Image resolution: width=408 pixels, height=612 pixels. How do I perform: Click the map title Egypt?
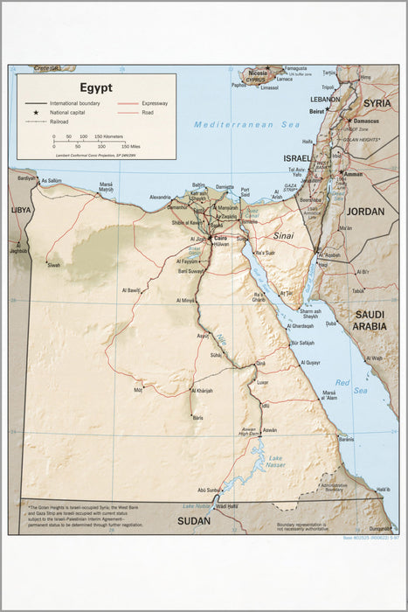point(96,87)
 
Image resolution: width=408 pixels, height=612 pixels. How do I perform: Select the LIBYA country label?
point(20,211)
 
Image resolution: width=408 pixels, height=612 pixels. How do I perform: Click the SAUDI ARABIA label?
point(370,320)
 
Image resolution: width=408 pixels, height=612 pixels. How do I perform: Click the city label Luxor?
point(263,382)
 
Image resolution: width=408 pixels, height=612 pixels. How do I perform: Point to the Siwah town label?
point(54,264)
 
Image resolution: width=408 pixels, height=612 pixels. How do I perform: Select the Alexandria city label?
point(161,198)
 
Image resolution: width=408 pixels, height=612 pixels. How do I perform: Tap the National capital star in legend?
point(37,113)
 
